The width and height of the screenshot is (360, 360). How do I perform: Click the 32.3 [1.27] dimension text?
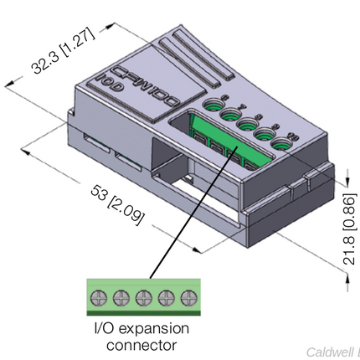coord(63,49)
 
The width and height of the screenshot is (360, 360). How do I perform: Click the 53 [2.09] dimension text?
coord(117,204)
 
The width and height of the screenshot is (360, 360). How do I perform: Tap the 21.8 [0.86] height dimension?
coord(349,230)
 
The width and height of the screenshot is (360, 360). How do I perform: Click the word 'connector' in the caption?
coord(141,344)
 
